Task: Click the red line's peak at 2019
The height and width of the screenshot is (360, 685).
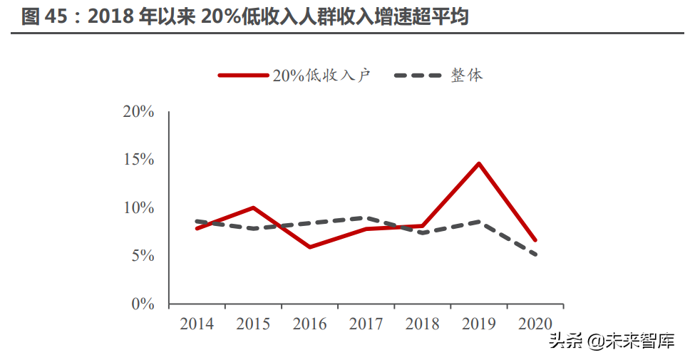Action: coord(479,163)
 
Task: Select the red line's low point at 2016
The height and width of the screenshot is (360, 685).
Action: coord(309,247)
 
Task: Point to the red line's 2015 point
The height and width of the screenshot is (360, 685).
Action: coord(253,207)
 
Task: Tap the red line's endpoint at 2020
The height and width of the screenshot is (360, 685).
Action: coord(535,240)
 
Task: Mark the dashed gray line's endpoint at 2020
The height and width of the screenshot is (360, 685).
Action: coord(535,254)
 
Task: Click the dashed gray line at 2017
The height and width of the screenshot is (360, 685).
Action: coord(366,218)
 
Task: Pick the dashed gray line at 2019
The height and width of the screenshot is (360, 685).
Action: coord(479,222)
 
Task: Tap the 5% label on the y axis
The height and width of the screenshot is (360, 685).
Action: coord(142,255)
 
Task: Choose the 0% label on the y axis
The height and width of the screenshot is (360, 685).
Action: coord(142,304)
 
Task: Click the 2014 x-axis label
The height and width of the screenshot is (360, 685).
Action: coord(197,324)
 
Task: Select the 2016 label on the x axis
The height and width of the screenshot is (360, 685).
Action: coord(309,324)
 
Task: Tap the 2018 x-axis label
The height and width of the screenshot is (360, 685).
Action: coord(423,324)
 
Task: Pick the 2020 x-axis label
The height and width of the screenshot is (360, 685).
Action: coord(535,324)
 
